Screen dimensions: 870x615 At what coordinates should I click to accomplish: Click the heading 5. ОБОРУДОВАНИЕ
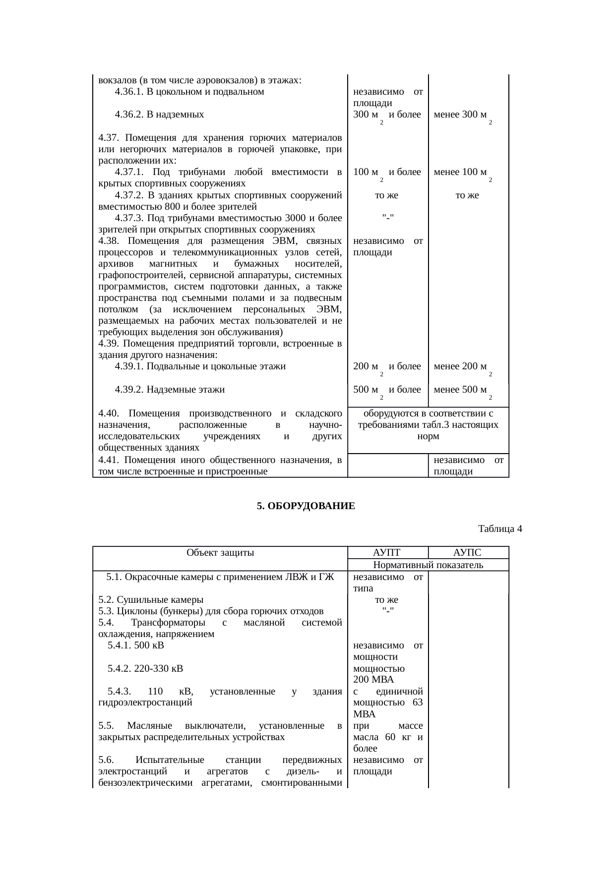[306, 506]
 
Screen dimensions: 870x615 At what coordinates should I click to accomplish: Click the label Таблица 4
[499, 528]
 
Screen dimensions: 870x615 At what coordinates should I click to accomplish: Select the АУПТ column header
[387, 553]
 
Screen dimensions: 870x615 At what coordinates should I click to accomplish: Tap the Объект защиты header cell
[220, 553]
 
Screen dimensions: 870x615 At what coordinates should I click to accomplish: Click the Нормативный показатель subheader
[428, 565]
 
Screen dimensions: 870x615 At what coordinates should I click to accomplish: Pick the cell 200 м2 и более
[387, 367]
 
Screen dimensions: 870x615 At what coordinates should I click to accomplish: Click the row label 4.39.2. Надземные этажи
[170, 390]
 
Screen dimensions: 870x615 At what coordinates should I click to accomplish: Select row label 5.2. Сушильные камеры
[151, 599]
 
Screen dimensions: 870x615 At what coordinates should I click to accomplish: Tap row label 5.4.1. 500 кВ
[135, 645]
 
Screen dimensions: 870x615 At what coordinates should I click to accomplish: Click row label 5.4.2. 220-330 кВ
[145, 668]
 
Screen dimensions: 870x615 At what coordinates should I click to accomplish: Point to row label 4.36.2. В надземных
[159, 115]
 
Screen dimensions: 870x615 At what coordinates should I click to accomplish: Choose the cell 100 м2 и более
[387, 173]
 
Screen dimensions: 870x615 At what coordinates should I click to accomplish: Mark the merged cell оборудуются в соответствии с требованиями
[428, 425]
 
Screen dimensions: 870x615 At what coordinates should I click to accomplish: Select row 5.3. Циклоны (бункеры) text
[211, 611]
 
